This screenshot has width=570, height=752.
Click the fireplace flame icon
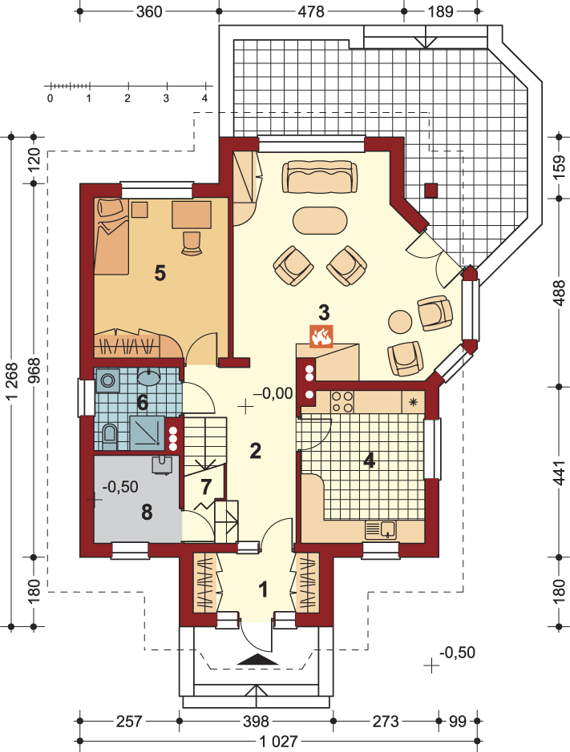[321, 336]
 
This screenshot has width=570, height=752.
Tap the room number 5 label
[160, 273]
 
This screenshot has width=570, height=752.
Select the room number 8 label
[147, 513]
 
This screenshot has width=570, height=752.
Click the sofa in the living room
[321, 176]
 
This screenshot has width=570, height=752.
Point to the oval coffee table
[321, 220]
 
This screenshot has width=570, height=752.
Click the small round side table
[400, 321]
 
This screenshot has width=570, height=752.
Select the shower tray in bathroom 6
[147, 432]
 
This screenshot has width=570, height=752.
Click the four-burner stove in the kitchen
[342, 402]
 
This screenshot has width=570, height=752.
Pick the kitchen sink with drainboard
[380, 529]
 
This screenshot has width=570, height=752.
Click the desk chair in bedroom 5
[191, 242]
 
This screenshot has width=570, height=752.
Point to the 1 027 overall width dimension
[278, 742]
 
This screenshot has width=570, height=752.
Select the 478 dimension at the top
[311, 11]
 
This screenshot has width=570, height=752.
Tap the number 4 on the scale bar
[205, 99]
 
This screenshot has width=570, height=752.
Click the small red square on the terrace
[431, 191]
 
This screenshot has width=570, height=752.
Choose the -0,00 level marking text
[273, 394]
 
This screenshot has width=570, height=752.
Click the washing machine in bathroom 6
[108, 380]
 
